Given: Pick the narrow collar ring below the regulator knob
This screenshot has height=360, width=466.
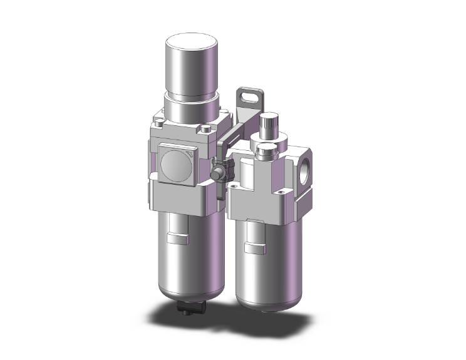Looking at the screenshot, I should pyautogui.click(x=190, y=100).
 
